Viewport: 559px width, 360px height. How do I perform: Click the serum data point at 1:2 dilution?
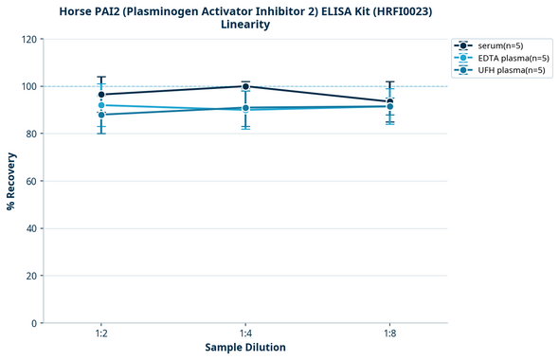click(101, 95)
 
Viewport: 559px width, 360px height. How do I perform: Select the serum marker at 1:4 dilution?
click(245, 86)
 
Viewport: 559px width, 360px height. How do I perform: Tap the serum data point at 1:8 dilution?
click(389, 101)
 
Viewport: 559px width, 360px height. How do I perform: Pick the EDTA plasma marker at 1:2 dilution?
click(101, 105)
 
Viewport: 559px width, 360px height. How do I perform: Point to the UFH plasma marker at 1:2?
click(101, 115)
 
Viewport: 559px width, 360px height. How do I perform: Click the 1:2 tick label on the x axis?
click(101, 333)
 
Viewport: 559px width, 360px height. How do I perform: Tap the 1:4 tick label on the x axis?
click(245, 333)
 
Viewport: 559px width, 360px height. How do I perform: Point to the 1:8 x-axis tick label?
click(389, 333)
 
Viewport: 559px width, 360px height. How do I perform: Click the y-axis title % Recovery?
click(11, 181)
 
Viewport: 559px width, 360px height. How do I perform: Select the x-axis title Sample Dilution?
click(245, 348)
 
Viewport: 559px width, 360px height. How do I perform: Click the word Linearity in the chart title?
click(245, 25)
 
